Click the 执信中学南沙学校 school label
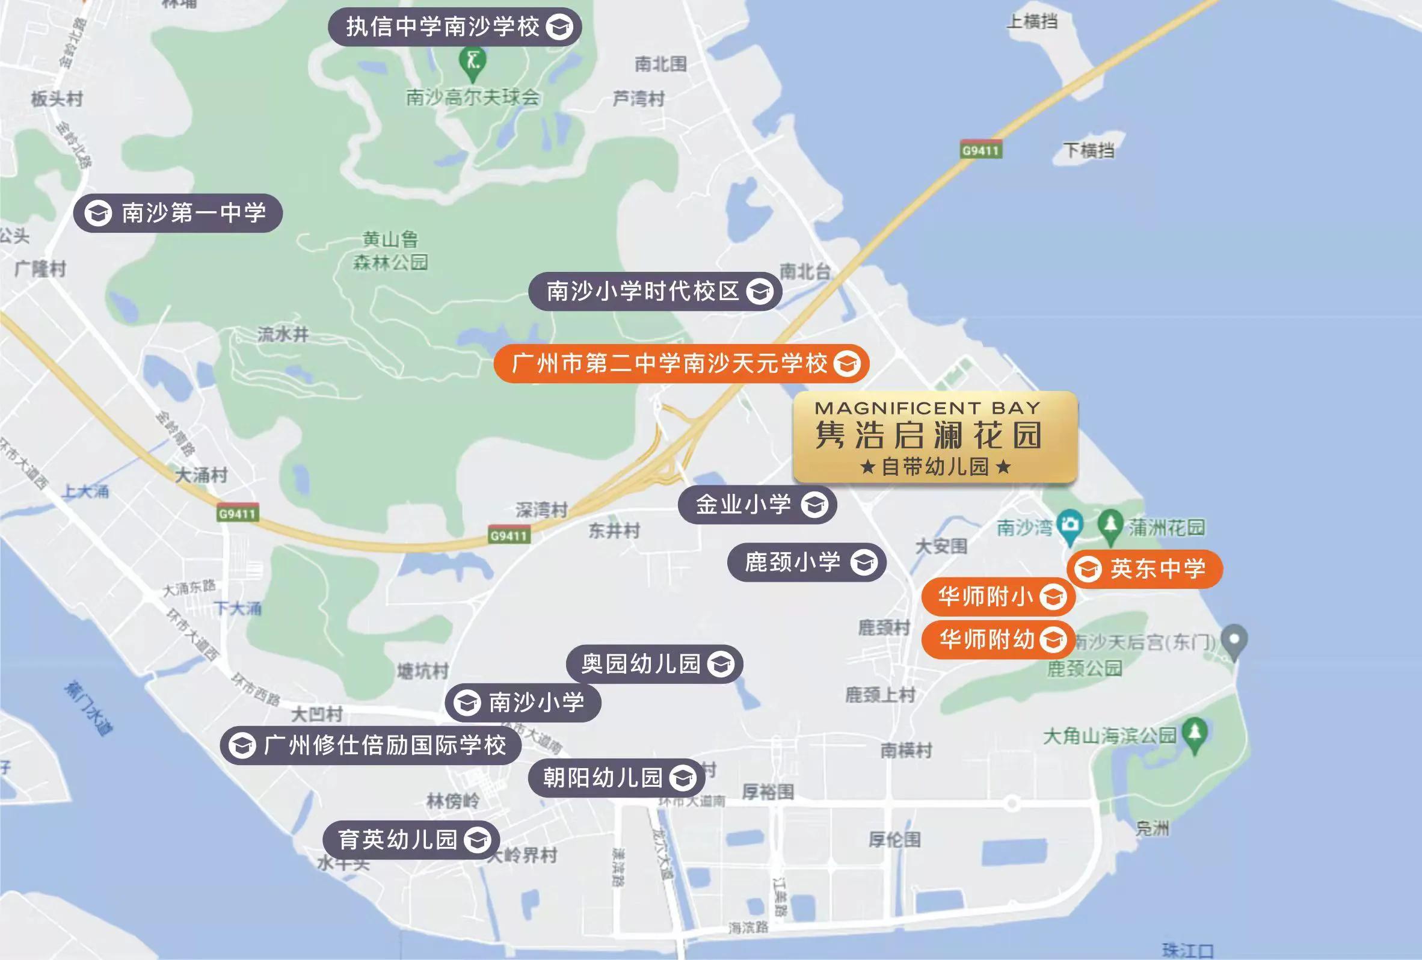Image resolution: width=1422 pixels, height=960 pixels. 454,27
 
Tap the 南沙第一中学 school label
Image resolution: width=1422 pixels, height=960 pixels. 177,213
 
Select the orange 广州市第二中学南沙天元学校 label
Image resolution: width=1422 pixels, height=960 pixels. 681,363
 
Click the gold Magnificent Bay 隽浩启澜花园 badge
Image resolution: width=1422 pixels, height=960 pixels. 935,437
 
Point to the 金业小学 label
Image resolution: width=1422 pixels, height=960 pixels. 757,505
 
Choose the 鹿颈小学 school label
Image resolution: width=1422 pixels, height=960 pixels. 806,562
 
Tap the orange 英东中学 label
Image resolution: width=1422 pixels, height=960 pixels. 1144,569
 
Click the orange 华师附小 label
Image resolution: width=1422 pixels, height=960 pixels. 998,597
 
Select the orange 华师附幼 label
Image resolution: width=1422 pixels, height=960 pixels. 998,640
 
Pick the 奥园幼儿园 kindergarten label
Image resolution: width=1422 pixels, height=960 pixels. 654,664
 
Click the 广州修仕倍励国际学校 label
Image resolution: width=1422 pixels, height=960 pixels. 370,745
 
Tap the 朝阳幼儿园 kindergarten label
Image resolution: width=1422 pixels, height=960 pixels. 616,778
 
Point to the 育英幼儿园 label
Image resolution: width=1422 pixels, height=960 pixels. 411,840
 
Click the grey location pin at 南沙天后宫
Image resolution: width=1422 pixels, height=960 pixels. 1234,641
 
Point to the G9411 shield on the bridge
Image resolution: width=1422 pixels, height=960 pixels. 980,150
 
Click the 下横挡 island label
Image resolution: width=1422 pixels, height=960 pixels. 1089,150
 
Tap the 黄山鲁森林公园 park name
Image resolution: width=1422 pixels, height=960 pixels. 390,250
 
